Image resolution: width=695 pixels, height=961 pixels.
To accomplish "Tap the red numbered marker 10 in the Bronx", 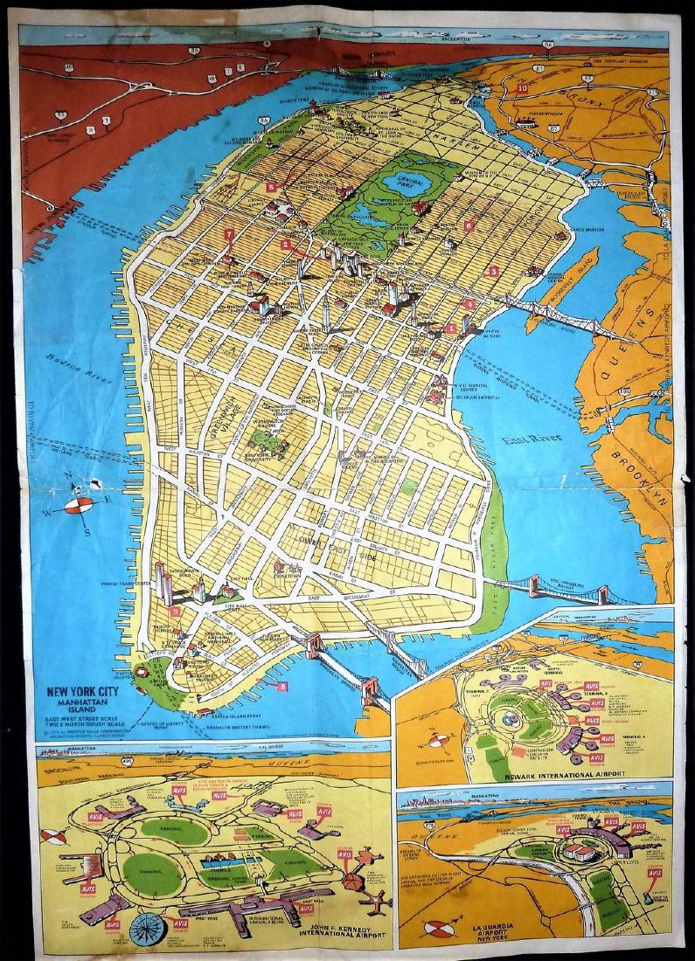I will [522, 87].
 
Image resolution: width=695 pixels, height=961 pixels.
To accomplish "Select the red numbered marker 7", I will [229, 234].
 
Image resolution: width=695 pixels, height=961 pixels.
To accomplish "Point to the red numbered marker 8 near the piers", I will [281, 687].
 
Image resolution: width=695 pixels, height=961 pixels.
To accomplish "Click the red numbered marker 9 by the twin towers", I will [177, 612].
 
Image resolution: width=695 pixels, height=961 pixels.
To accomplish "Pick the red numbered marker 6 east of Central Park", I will [469, 225].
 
